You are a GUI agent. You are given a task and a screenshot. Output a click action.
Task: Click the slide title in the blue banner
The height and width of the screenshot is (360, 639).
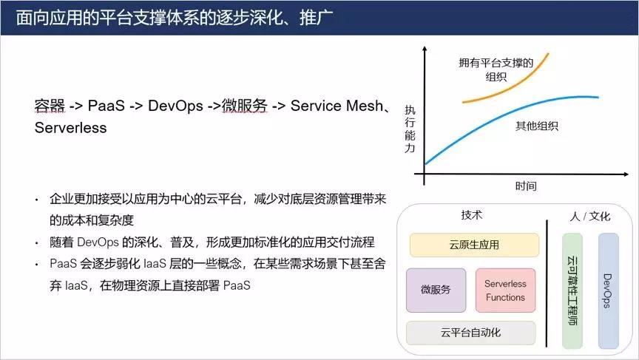175,18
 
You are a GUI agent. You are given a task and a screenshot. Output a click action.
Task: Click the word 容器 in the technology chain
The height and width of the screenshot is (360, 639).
50,106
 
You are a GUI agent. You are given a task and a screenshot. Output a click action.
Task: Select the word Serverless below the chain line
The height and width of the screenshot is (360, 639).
70,127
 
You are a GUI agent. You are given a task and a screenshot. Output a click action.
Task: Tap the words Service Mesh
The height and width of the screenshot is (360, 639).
337,106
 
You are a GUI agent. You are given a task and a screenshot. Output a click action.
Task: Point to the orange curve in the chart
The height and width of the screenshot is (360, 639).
505,87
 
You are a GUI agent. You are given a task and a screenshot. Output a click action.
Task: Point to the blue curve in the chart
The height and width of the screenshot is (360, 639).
501,118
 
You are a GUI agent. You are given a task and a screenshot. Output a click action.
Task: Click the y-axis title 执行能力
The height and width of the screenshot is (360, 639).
410,129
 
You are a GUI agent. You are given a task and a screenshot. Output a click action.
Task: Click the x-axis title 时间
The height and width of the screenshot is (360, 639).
526,186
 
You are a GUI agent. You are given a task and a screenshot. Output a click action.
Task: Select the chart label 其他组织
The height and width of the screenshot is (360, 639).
537,126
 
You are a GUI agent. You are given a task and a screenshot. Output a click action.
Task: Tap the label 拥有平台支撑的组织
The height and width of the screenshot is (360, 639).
496,69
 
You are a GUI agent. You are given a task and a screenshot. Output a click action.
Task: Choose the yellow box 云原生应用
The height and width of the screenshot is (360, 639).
474,245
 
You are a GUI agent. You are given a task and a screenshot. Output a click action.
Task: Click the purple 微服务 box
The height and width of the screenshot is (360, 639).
436,290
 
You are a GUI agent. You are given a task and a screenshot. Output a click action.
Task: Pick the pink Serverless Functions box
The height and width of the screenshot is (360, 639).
505,291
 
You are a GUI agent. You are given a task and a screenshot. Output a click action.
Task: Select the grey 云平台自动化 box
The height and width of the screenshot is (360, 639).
470,333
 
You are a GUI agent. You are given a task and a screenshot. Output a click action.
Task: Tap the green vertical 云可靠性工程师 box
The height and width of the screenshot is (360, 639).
572,291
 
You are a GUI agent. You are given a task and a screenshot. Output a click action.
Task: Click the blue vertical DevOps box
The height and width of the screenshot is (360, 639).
608,291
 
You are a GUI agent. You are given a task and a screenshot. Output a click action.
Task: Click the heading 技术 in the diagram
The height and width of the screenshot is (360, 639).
472,214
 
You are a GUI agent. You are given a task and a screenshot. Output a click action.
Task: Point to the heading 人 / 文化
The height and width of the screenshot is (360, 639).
589,216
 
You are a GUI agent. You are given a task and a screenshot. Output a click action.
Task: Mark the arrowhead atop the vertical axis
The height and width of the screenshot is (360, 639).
425,49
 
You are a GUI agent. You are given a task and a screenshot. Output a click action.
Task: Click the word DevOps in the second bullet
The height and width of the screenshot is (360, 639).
98,242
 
